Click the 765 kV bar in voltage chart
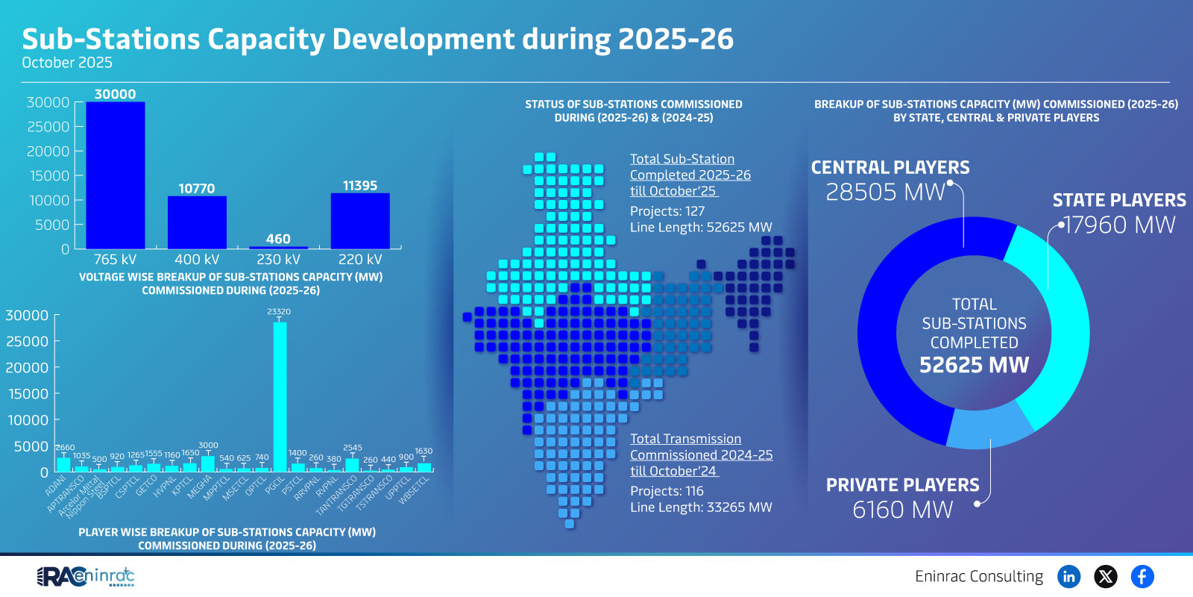pyautogui.click(x=116, y=175)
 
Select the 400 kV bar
pyautogui.click(x=197, y=222)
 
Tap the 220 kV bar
pyautogui.click(x=360, y=221)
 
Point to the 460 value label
pyautogui.click(x=278, y=239)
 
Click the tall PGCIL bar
pyautogui.click(x=280, y=396)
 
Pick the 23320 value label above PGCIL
pyautogui.click(x=279, y=312)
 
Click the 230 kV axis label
pyautogui.click(x=278, y=260)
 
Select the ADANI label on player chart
pyautogui.click(x=56, y=487)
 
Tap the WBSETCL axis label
pyautogui.click(x=415, y=490)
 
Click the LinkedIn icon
pyautogui.click(x=1068, y=576)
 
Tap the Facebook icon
pyautogui.click(x=1142, y=576)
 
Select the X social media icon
pyautogui.click(x=1105, y=576)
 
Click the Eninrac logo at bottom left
pyautogui.click(x=86, y=576)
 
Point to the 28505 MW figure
pyautogui.click(x=885, y=193)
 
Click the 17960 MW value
pyautogui.click(x=1119, y=225)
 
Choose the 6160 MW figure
pyautogui.click(x=902, y=510)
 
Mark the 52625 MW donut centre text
pyautogui.click(x=974, y=365)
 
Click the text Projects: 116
pyautogui.click(x=667, y=491)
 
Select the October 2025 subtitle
pyautogui.click(x=67, y=63)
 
